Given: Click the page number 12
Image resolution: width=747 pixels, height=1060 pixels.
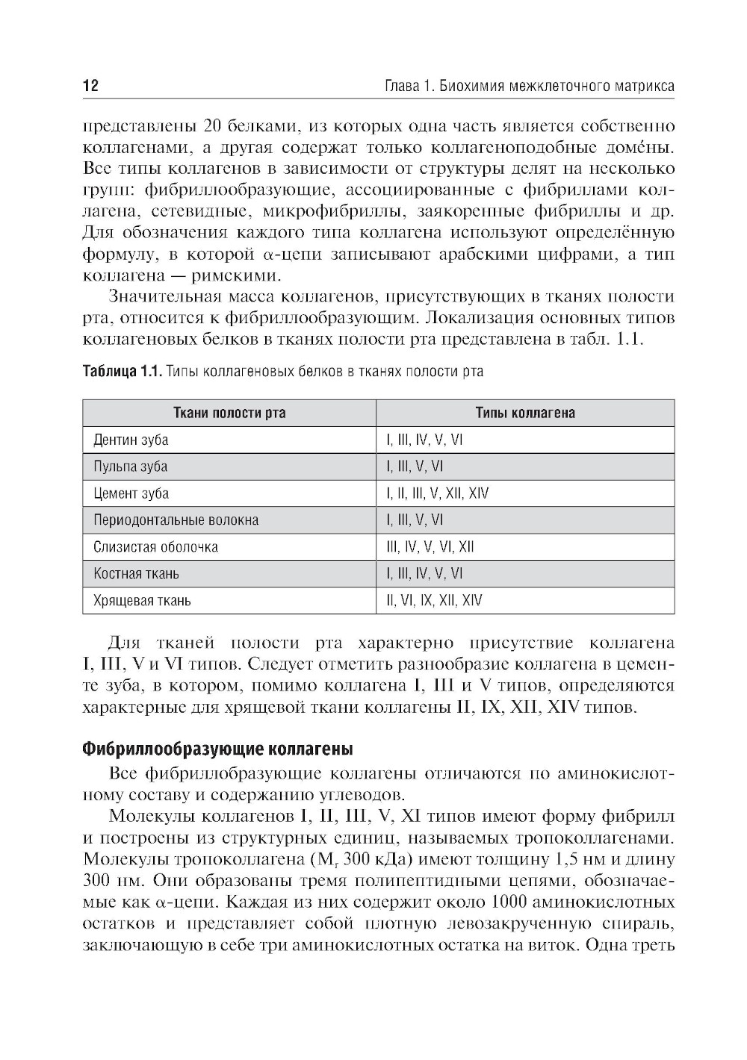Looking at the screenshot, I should click(90, 86).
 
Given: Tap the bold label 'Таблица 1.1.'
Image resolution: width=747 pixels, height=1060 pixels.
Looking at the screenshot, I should click(122, 372).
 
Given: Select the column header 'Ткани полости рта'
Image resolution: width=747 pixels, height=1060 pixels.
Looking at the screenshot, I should click(229, 414).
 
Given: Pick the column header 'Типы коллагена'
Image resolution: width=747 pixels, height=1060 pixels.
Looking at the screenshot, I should click(525, 414).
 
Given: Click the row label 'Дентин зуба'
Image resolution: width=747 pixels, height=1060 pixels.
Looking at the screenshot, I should click(131, 440).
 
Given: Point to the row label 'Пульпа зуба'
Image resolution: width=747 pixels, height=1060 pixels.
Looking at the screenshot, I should click(130, 467).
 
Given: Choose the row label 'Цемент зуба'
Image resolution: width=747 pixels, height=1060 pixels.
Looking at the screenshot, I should click(131, 494).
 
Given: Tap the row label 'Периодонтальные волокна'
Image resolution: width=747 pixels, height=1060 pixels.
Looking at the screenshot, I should click(176, 520).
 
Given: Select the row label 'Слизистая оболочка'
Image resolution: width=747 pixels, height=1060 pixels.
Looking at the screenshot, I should click(155, 547).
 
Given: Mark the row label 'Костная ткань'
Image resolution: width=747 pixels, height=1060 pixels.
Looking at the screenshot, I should click(136, 574).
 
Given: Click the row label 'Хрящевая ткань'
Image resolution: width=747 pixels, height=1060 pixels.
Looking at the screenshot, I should click(142, 601).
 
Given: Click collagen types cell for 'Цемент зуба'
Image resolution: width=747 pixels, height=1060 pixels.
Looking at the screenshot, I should click(438, 494).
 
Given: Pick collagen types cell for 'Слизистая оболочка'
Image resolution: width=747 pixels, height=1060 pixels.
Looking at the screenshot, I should click(430, 547).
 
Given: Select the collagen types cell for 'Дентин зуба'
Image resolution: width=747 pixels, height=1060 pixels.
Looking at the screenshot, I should click(424, 440).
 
